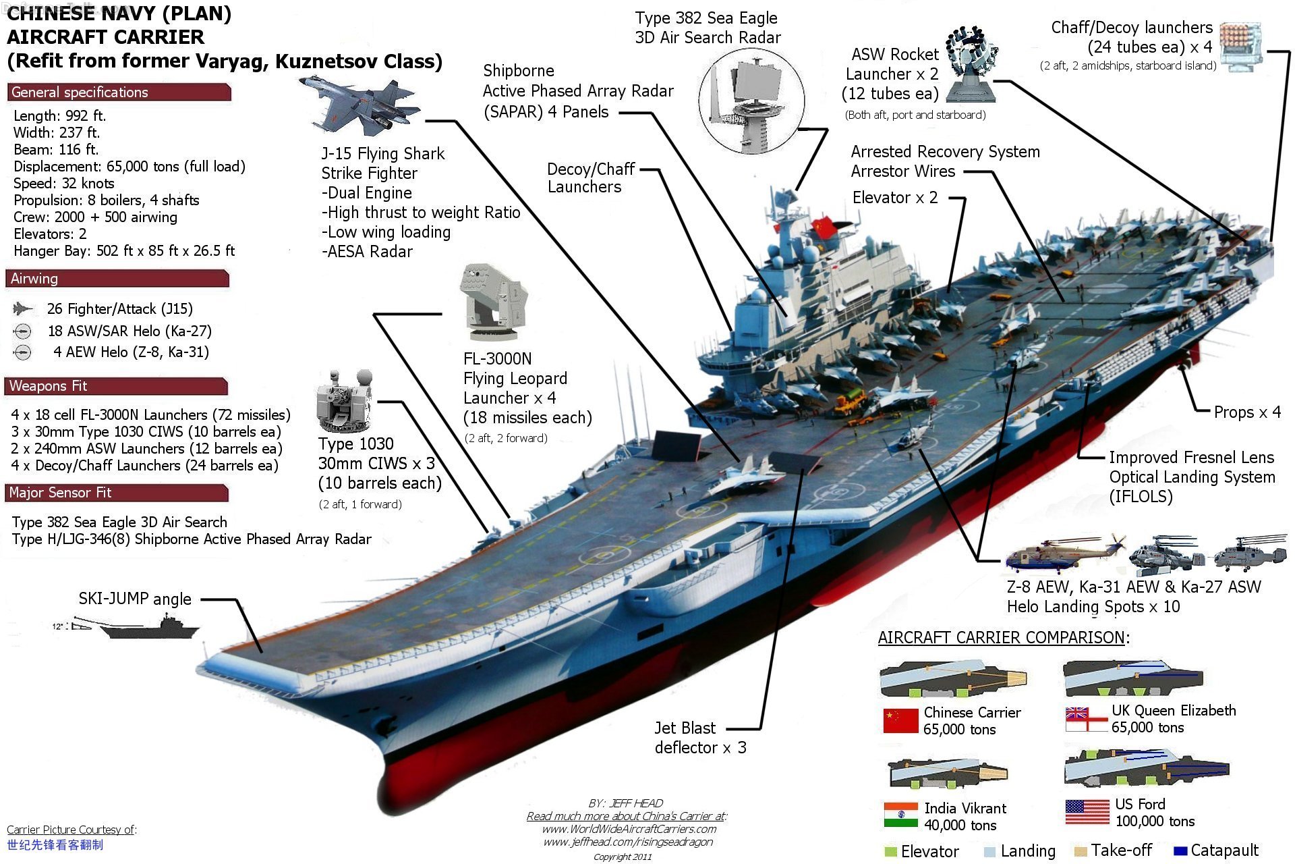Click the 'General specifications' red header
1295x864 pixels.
click(119, 92)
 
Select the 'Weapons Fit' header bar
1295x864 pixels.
click(116, 386)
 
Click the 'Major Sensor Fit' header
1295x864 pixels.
click(116, 493)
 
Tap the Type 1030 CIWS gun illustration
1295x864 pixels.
click(345, 402)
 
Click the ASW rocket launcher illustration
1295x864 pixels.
click(971, 64)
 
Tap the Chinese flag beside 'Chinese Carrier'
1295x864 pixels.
click(900, 721)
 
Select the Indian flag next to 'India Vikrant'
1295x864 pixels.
click(900, 815)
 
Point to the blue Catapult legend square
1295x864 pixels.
click(1180, 851)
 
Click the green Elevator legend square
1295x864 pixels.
click(890, 852)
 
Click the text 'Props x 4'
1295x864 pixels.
click(1247, 412)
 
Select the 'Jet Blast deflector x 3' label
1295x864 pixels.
click(699, 738)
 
